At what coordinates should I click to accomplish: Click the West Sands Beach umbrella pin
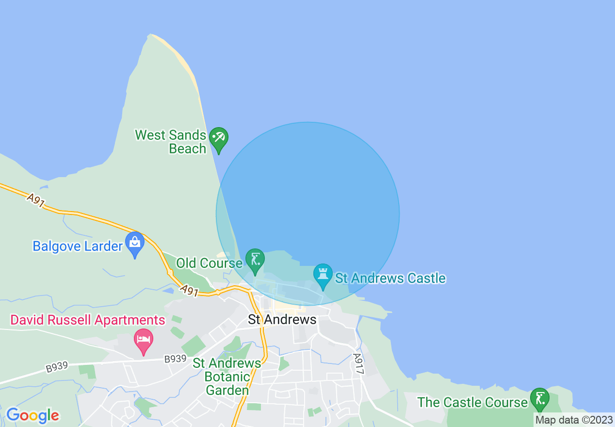(x=218, y=139)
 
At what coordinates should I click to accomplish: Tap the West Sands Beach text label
(x=171, y=142)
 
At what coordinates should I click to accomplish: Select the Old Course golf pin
(x=255, y=260)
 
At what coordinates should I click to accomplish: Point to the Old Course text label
(x=209, y=263)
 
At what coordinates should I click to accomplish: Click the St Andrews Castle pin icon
(x=323, y=275)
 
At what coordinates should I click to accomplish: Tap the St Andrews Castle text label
(x=390, y=278)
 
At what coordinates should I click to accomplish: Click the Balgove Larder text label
(x=78, y=246)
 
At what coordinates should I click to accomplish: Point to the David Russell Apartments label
(x=88, y=320)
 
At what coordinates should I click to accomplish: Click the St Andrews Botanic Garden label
(x=227, y=377)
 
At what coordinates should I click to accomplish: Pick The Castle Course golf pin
(x=539, y=399)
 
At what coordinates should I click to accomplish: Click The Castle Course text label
(x=472, y=402)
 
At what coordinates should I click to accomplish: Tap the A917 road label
(x=358, y=363)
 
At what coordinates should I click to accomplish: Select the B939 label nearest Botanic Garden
(x=175, y=359)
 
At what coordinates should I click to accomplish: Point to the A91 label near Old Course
(x=190, y=290)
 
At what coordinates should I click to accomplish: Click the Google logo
(x=32, y=415)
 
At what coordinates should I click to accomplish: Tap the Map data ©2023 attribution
(x=574, y=420)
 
